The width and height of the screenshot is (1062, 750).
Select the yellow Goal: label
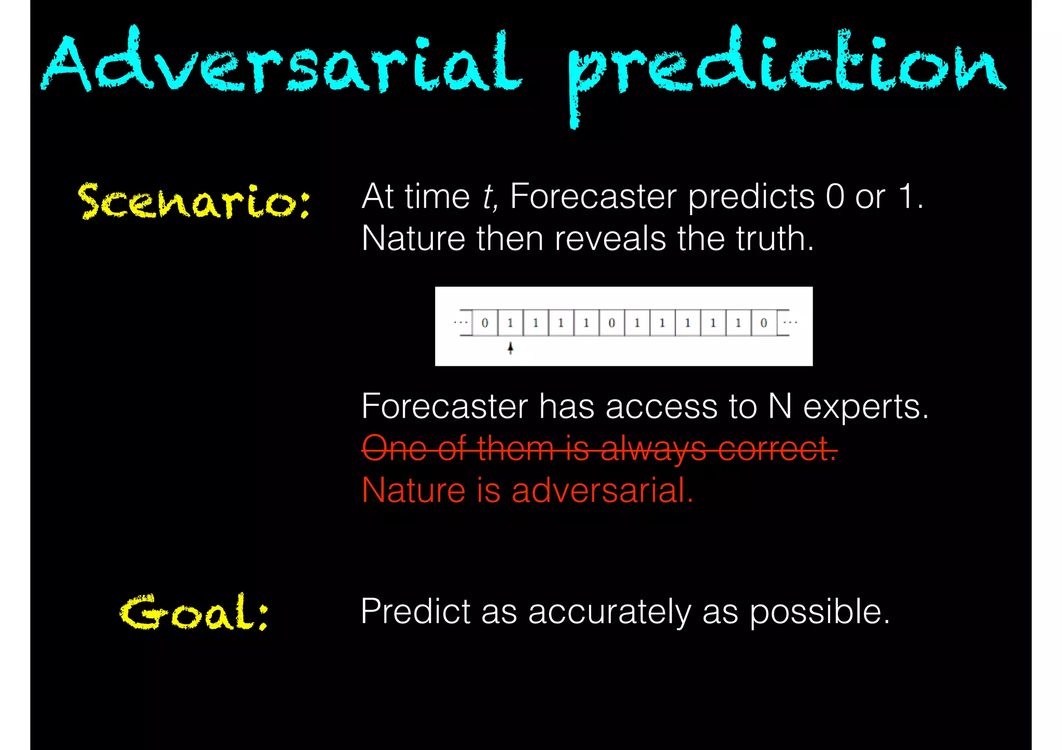coord(194,613)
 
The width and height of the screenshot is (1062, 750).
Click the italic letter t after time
coord(487,197)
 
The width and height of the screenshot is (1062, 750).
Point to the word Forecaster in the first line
coord(593,197)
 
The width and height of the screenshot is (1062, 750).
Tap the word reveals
coord(610,239)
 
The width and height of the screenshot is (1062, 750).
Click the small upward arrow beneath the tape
coord(511,348)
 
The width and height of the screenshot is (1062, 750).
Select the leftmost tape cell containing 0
coord(485,323)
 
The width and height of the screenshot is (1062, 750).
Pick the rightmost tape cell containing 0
coord(763,323)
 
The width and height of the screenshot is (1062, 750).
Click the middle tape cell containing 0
coord(611,323)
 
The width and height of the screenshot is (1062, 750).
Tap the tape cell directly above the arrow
coord(510,323)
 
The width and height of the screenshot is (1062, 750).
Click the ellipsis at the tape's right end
coord(790,322)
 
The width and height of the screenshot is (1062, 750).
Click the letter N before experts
coord(779,406)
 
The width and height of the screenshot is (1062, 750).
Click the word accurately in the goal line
coord(609,613)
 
